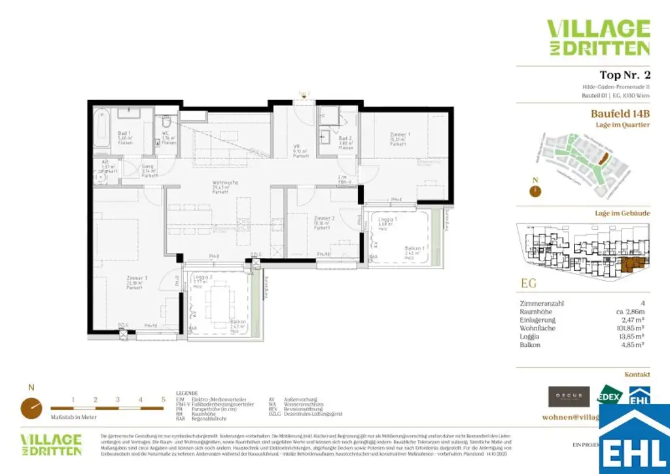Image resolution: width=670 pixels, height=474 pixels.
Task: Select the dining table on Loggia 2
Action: pyautogui.click(x=217, y=302)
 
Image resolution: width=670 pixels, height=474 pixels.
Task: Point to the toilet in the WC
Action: pyautogui.click(x=166, y=122)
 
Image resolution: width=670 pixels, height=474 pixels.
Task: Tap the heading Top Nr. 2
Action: pyautogui.click(x=624, y=75)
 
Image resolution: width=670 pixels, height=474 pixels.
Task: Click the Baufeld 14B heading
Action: pyautogui.click(x=620, y=113)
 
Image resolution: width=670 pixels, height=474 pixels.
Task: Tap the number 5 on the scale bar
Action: pyautogui.click(x=162, y=399)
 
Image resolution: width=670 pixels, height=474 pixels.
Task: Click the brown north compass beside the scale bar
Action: pyautogui.click(x=30, y=407)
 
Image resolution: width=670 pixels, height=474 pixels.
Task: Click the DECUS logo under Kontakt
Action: pyautogui.click(x=569, y=395)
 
